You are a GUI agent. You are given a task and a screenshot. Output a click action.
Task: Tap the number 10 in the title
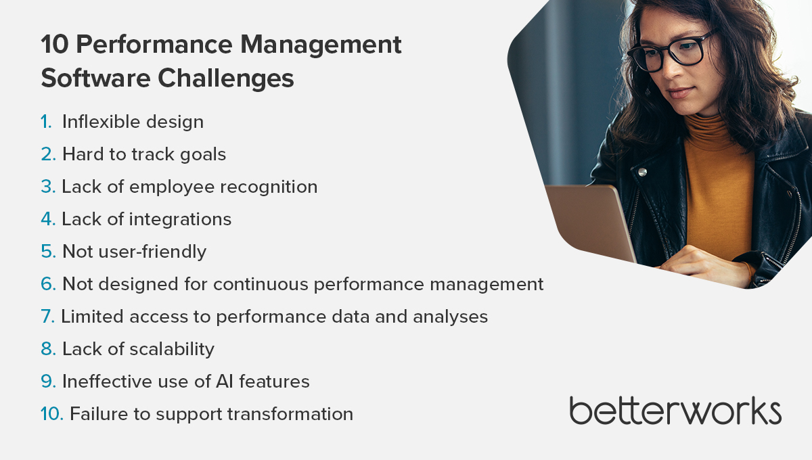55,45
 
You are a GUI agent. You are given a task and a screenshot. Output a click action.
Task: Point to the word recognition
269,188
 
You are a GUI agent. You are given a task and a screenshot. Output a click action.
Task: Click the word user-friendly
152,252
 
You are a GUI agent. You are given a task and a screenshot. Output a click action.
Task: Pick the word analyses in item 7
450,317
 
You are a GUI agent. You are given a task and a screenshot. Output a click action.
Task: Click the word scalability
172,350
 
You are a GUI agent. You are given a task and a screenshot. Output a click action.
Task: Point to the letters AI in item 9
225,382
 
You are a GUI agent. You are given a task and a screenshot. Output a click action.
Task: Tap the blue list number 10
52,413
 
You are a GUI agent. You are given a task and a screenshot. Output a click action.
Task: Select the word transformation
290,414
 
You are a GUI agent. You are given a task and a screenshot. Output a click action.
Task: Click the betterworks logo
675,411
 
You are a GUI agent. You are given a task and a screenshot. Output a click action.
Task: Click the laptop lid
590,222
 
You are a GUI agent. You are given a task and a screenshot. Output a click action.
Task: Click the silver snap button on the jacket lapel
642,172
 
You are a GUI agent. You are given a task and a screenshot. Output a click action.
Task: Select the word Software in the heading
95,78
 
